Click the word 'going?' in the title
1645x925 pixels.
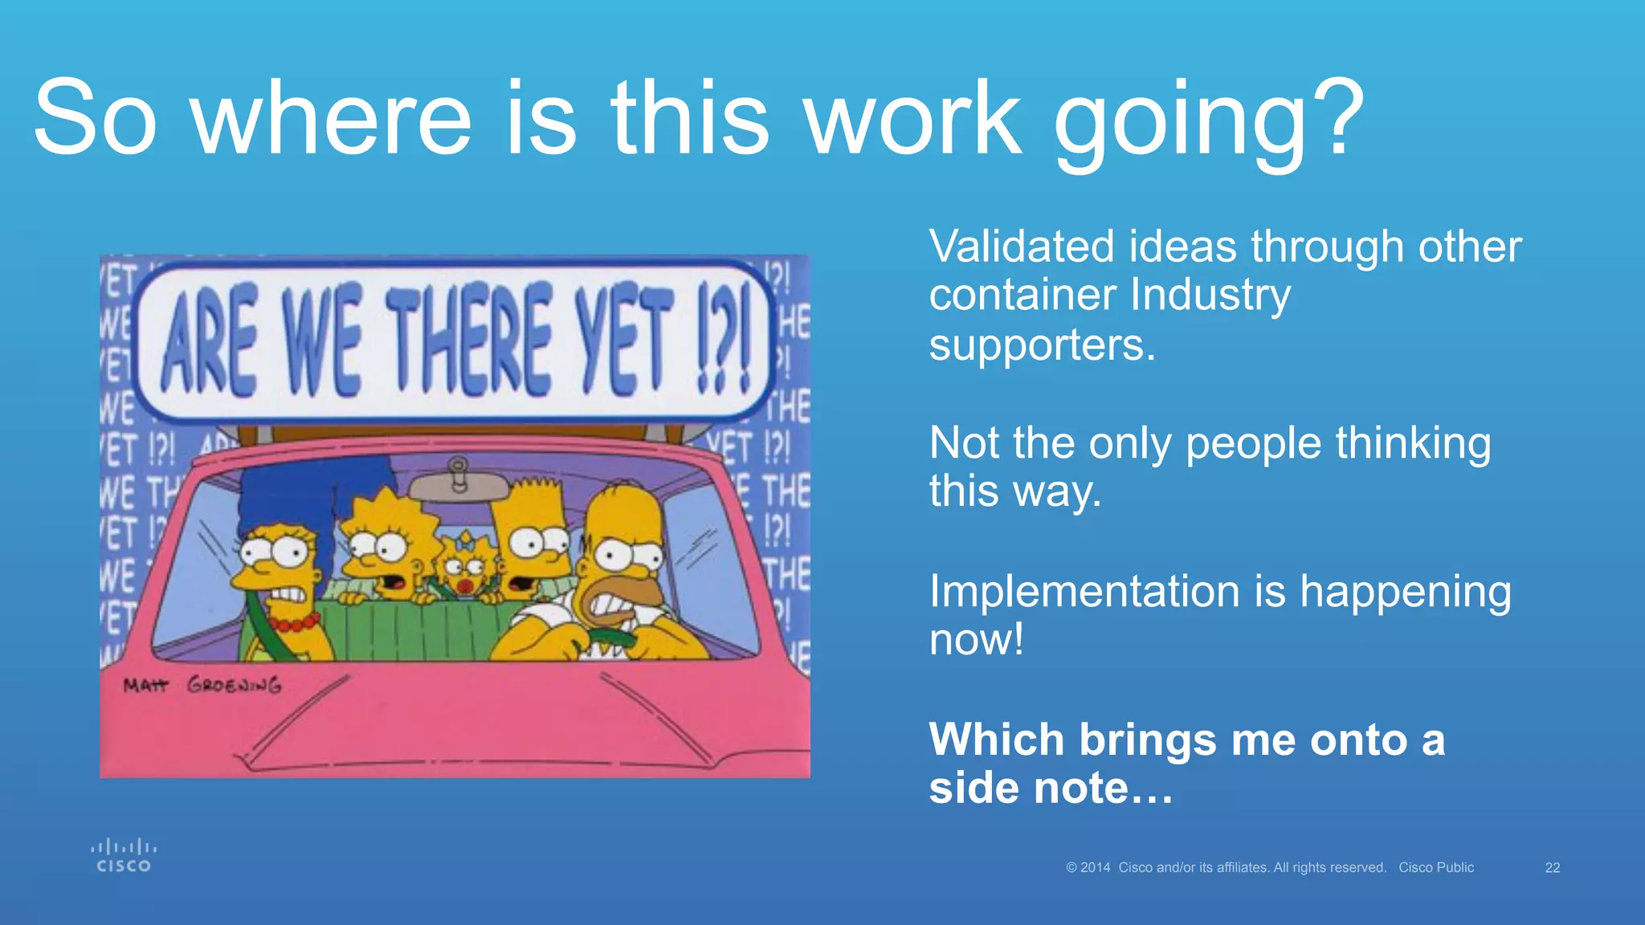[1208, 120]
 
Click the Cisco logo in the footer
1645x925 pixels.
[124, 856]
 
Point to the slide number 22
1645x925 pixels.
[1553, 868]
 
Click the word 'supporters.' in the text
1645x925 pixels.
[1042, 346]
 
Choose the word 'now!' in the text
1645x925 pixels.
[976, 640]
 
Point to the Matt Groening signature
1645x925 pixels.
[202, 685]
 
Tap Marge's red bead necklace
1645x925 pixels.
[293, 622]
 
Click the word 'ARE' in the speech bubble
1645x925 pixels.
[209, 341]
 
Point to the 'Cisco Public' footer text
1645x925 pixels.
[1436, 868]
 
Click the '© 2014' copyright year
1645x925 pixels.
[1088, 868]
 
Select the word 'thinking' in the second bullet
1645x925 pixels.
[1413, 443]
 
